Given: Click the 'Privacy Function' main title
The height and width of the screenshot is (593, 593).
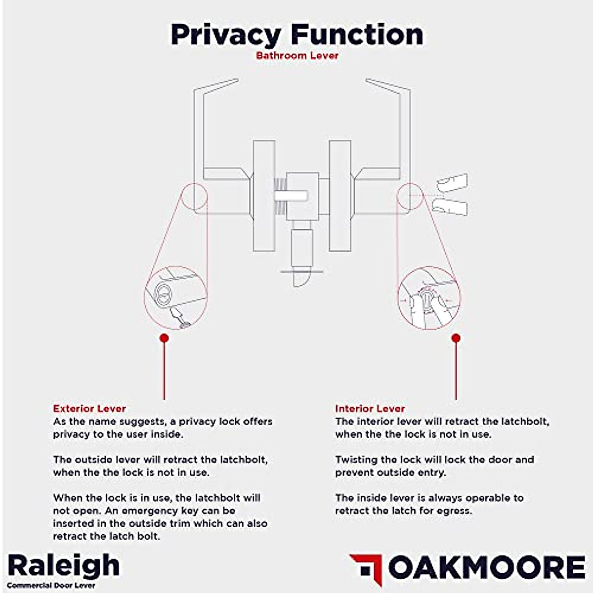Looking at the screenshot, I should point(296,35).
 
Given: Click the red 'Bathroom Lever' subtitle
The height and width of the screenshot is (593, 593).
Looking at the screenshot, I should point(297,55).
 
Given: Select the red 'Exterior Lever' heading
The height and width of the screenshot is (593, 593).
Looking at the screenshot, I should point(89,409).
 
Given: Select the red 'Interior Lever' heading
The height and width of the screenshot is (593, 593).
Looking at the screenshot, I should point(370,409).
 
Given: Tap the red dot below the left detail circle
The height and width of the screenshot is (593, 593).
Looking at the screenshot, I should point(164,338).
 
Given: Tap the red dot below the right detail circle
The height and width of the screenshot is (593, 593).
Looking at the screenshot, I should point(456,338).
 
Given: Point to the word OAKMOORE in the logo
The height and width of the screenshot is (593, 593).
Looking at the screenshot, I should point(487,567).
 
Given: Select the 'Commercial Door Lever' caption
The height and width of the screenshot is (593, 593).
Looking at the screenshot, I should point(51,586).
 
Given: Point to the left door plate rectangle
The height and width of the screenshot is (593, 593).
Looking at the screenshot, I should point(264,196).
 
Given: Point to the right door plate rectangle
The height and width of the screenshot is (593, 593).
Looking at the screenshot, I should point(340,196).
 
